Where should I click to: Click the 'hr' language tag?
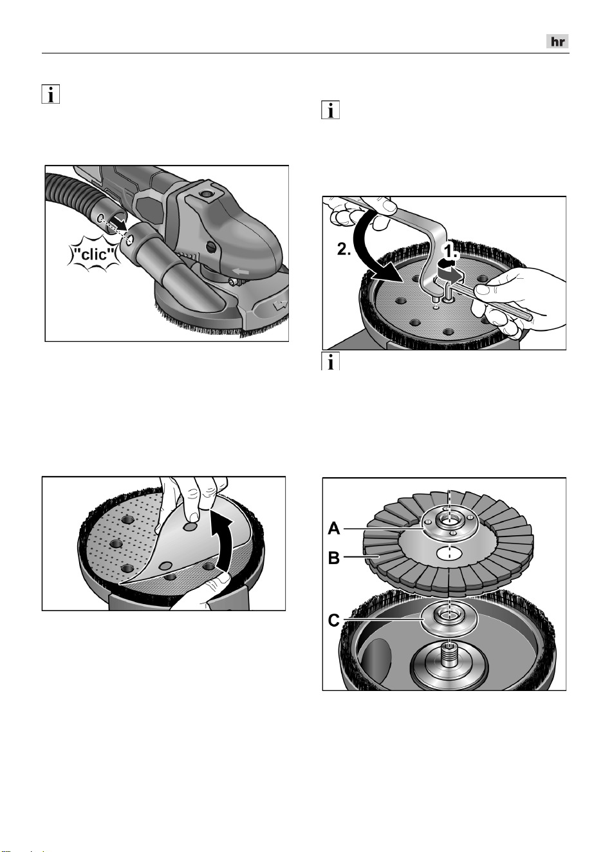(x=557, y=41)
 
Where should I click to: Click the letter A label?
(x=334, y=528)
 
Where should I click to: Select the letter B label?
(x=334, y=558)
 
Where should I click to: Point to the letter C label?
(x=333, y=620)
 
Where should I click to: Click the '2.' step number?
(x=344, y=249)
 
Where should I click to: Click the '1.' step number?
(x=450, y=251)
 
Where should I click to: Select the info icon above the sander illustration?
(x=51, y=94)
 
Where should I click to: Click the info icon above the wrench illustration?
(x=330, y=110)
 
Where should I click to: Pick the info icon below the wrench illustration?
(x=330, y=361)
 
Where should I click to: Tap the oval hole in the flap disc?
(x=449, y=554)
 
